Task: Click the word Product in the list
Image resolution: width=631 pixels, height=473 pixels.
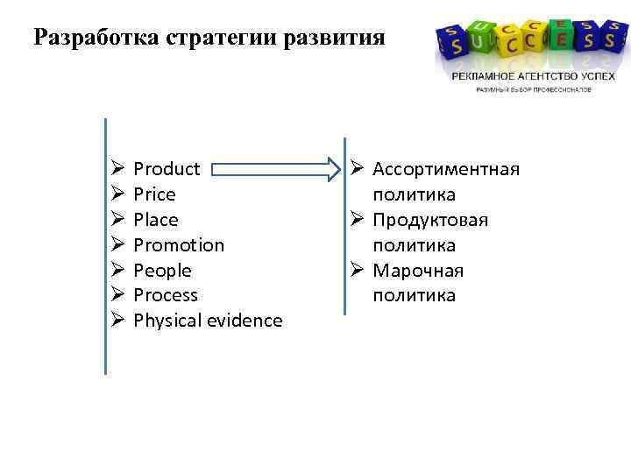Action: click(167, 168)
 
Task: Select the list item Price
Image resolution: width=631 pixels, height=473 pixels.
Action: click(154, 194)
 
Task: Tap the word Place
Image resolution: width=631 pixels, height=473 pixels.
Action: click(155, 219)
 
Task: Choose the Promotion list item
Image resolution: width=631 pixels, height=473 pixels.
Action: click(179, 244)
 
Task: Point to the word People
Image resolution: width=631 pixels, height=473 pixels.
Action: click(162, 270)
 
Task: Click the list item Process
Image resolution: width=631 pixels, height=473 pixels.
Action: click(166, 295)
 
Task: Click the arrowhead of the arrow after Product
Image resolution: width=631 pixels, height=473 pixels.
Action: click(331, 168)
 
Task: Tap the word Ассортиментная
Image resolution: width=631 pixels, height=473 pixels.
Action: click(446, 168)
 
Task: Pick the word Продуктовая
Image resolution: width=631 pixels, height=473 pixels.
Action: click(430, 219)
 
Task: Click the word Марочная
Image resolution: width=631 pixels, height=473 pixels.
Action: click(418, 270)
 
